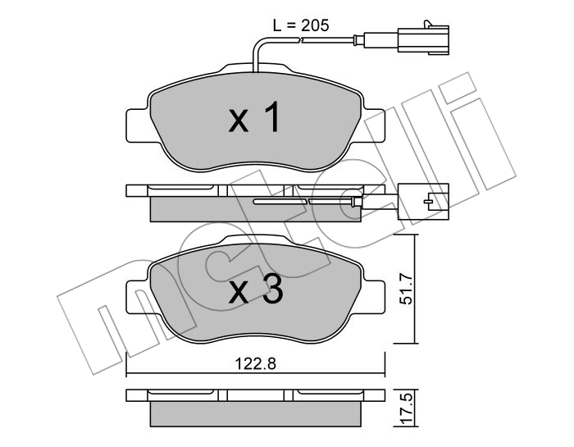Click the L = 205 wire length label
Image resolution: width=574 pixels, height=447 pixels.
pos(301,25)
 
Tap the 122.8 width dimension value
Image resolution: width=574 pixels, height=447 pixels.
pos(256,364)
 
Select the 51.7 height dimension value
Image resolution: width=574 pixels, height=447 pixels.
pos(407,290)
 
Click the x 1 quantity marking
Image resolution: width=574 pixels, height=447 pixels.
pos(255,116)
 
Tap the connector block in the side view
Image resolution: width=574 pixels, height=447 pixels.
pos(423,201)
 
